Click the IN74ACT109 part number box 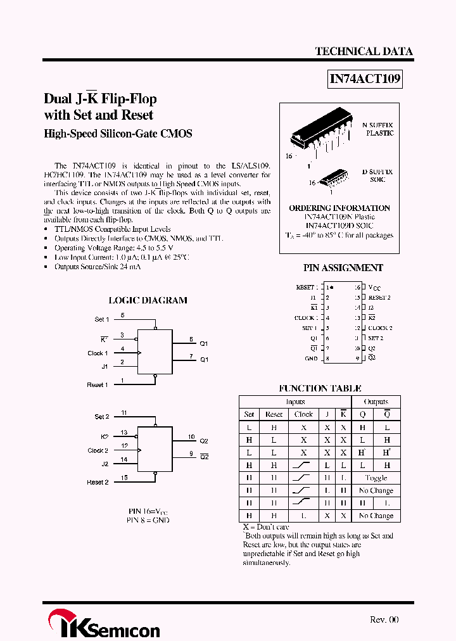coord(365,79)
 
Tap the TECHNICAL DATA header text coord(364,51)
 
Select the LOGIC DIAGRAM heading coord(148,300)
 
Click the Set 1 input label coord(102,319)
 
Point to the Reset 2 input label coord(98,482)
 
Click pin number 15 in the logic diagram coord(123,478)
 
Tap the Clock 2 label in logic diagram coord(98,450)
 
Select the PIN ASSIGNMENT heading coord(343,268)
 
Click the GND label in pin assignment coord(311,359)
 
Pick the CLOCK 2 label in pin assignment coord(380,328)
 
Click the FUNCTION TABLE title coord(320,388)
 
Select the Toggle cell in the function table coord(376,478)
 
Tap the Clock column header coord(303,414)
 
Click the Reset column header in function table coord(274,414)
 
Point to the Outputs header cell coord(376,402)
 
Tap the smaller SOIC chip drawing coord(332,177)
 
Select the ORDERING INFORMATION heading coord(339,208)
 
